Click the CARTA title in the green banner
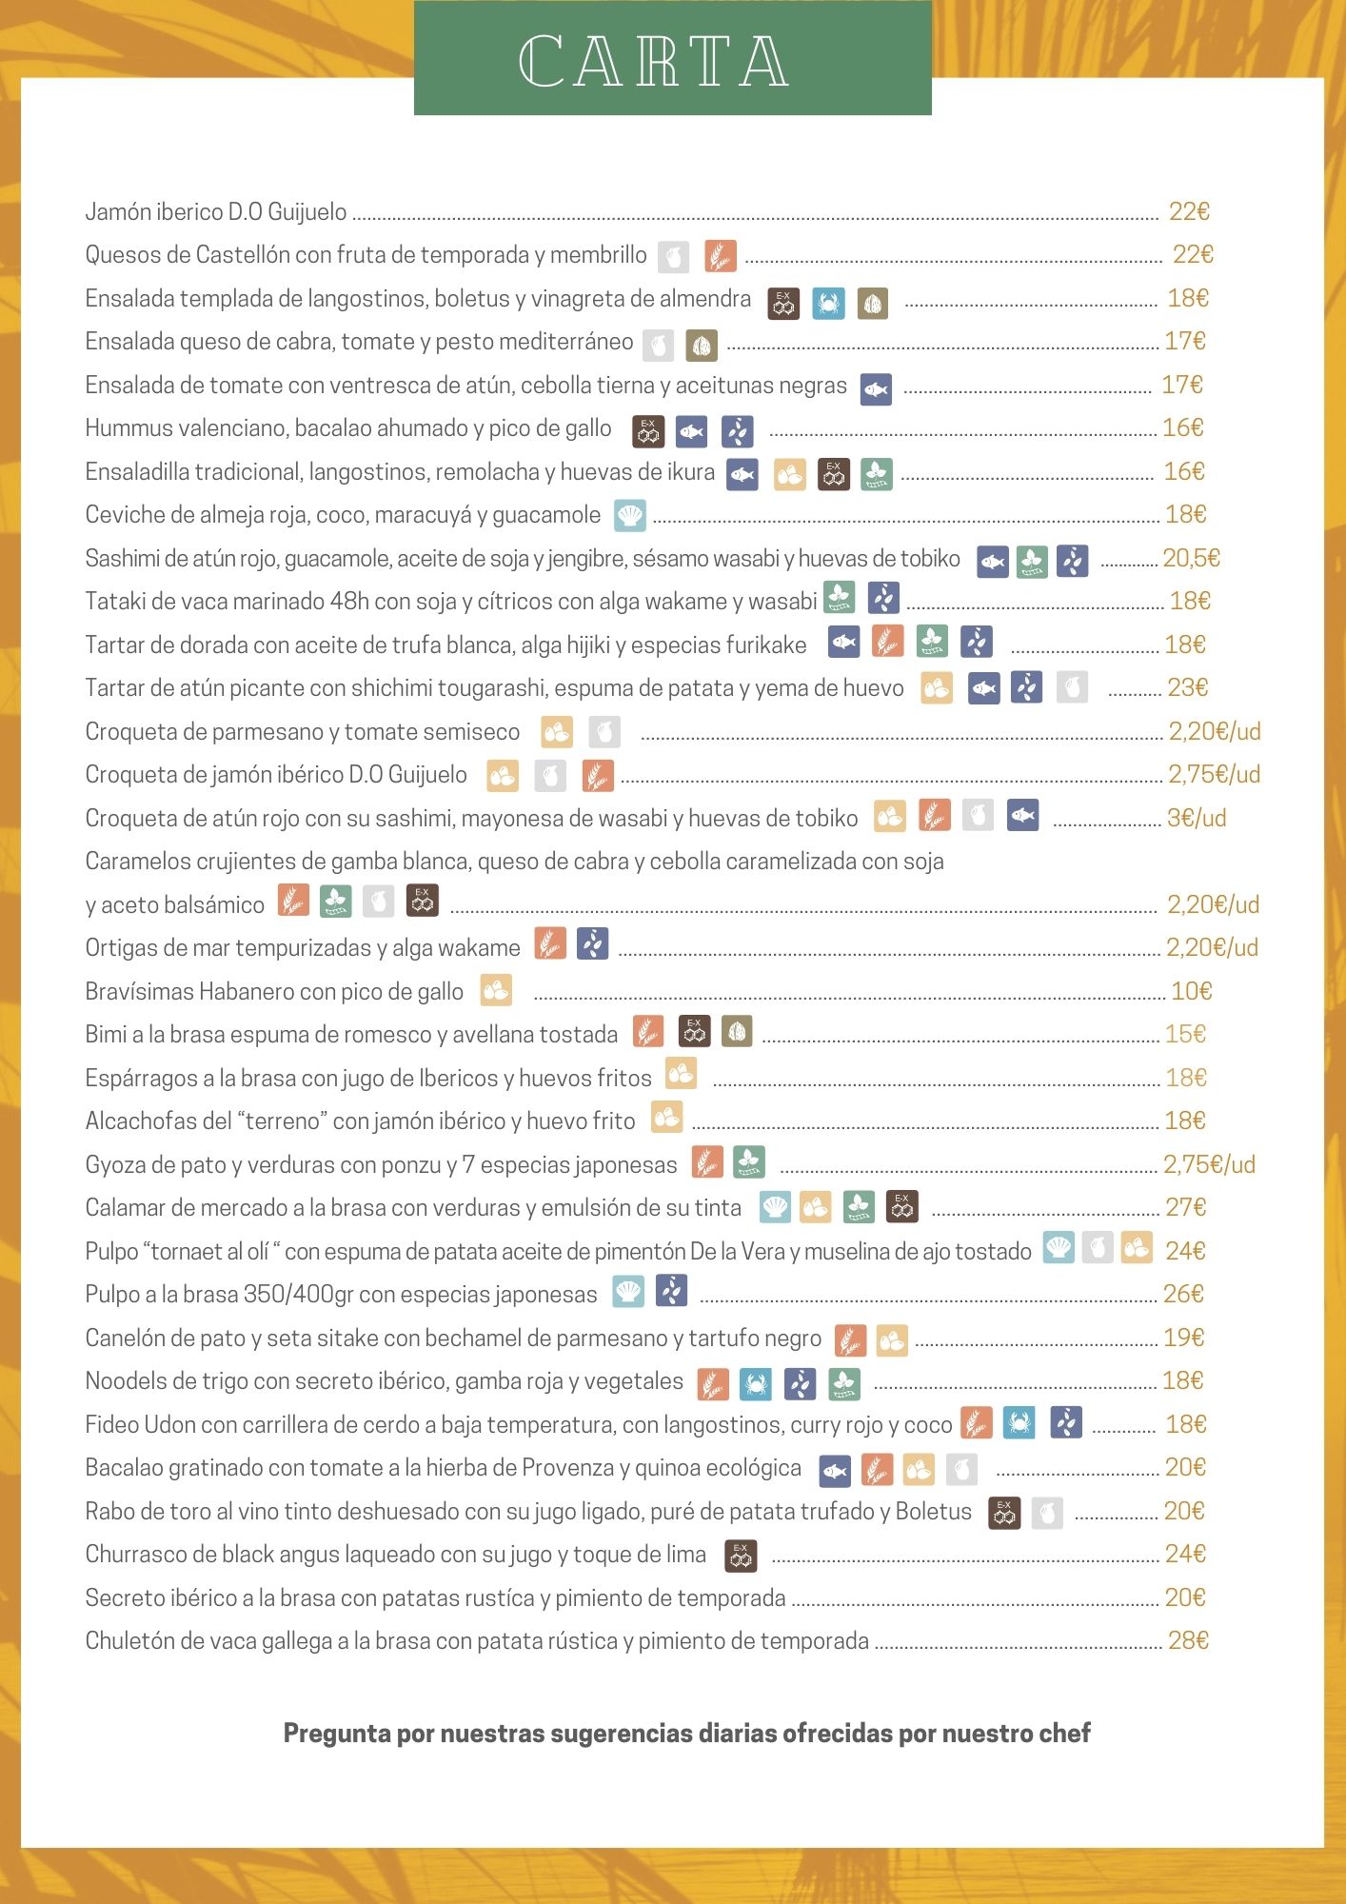click(x=653, y=62)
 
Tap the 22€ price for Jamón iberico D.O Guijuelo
click(x=1188, y=211)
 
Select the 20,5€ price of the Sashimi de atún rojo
click(x=1191, y=558)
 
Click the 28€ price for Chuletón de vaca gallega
click(x=1188, y=1640)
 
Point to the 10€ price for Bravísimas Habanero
click(x=1191, y=991)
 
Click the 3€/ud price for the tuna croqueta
click(x=1196, y=818)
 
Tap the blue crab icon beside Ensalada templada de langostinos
click(x=828, y=304)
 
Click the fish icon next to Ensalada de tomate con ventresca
click(x=876, y=389)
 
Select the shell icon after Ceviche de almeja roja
click(x=629, y=516)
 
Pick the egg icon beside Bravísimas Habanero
click(x=496, y=991)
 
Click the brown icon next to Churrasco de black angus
click(x=741, y=1556)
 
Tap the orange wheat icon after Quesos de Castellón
click(x=721, y=255)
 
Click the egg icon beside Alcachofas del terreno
click(x=666, y=1118)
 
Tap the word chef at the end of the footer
click(x=1064, y=1734)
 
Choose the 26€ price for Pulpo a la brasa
click(x=1183, y=1294)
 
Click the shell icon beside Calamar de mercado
click(x=775, y=1207)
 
